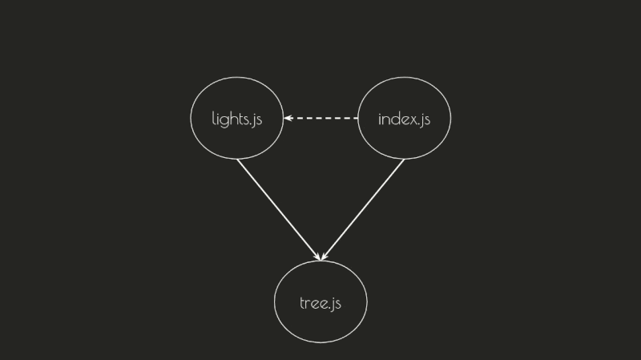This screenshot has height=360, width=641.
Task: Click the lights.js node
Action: pyautogui.click(x=236, y=119)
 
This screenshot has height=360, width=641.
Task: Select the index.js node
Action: pyautogui.click(x=404, y=119)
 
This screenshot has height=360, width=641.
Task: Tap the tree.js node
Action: pyautogui.click(x=320, y=302)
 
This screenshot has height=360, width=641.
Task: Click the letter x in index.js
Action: pyautogui.click(x=411, y=120)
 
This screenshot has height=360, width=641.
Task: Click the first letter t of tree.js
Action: pyautogui.click(x=302, y=302)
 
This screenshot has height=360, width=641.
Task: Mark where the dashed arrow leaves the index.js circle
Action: pyautogui.click(x=357, y=119)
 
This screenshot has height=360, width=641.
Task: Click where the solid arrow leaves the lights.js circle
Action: pyautogui.click(x=237, y=160)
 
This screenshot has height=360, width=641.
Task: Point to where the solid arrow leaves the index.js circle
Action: pyautogui.click(x=403, y=160)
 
